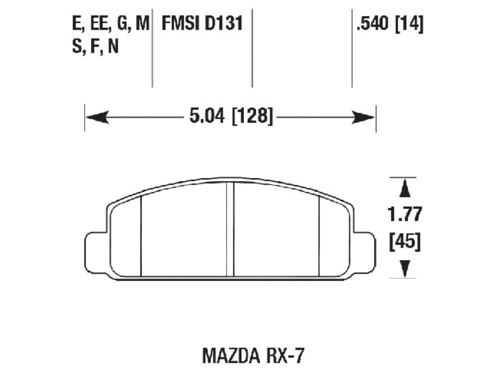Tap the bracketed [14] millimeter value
click(410, 25)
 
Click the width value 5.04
click(207, 116)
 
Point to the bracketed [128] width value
click(253, 116)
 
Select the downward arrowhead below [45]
click(404, 267)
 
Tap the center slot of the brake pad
click(230, 229)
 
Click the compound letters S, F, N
click(95, 47)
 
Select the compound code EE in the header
click(99, 24)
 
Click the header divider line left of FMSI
click(152, 46)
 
